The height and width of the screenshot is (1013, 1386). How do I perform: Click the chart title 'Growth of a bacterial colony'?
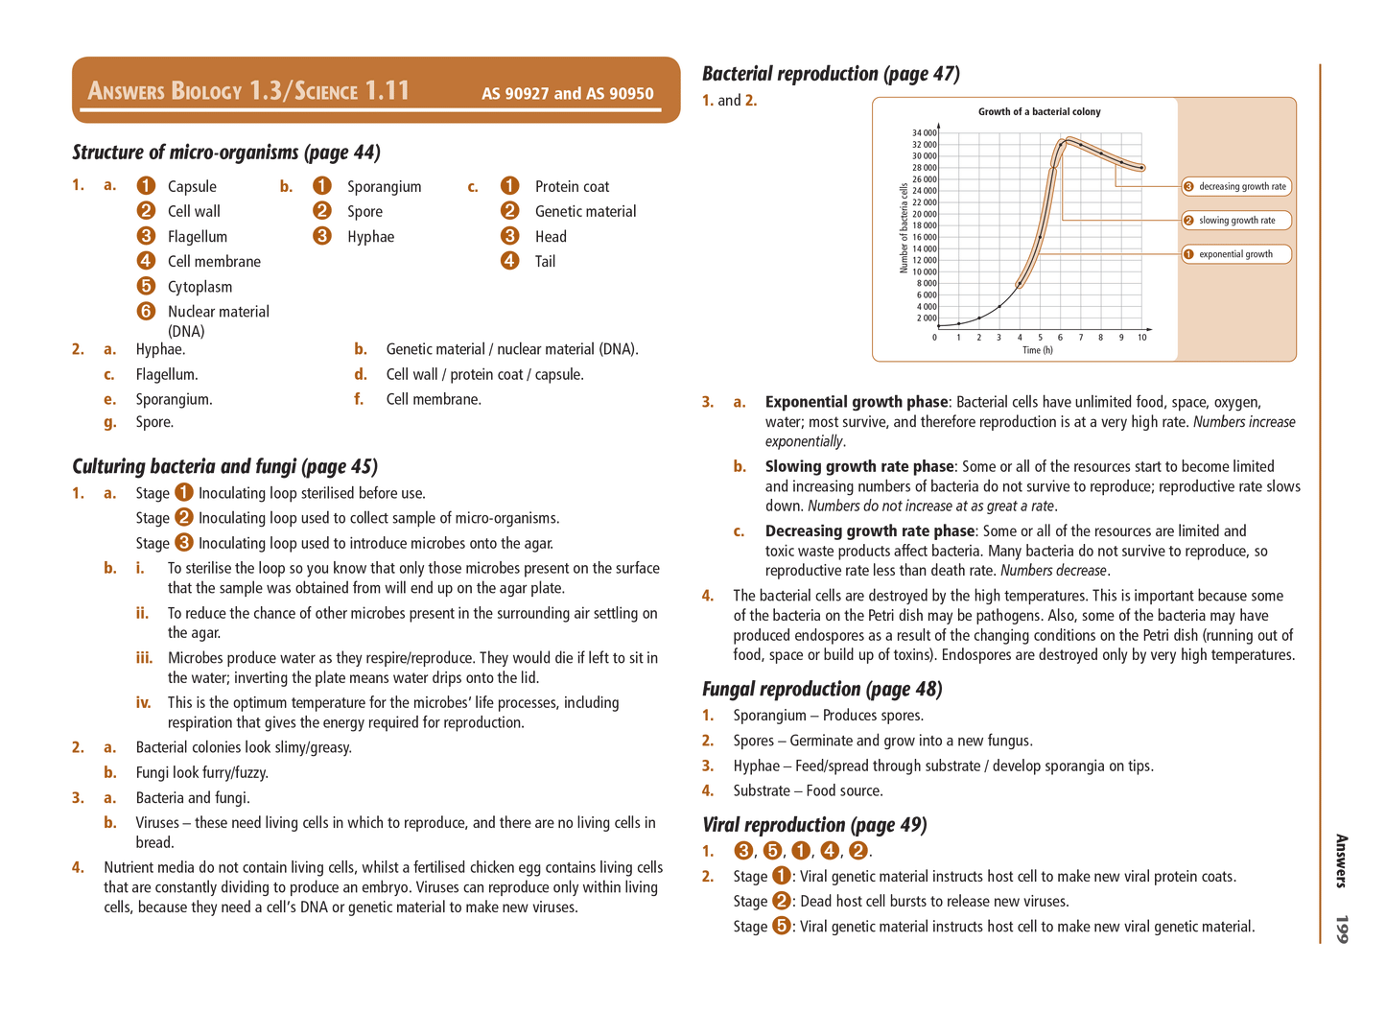(1039, 112)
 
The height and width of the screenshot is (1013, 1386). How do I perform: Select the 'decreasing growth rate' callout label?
(1241, 187)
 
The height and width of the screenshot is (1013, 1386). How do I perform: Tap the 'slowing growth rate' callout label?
(1236, 221)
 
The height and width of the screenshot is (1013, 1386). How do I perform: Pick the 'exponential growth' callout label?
(1235, 254)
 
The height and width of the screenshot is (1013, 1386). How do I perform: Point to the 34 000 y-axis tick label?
(924, 133)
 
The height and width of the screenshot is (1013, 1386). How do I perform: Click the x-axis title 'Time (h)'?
(1037, 350)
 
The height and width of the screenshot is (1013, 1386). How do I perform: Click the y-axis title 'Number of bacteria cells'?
(904, 228)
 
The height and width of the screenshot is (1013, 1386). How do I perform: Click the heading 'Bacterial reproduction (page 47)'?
(831, 74)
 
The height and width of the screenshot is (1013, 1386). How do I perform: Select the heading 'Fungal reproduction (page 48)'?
(822, 689)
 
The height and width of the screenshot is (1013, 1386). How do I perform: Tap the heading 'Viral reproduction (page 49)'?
(814, 825)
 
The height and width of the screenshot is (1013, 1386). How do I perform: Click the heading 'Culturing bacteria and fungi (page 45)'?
(224, 466)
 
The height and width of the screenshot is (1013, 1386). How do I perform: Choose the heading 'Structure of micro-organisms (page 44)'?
(226, 153)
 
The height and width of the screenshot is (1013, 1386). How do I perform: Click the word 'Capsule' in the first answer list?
(192, 187)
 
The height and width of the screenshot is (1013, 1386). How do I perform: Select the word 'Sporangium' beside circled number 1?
(384, 187)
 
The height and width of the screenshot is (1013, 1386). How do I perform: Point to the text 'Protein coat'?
(572, 187)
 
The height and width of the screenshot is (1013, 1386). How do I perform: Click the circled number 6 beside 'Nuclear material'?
(146, 311)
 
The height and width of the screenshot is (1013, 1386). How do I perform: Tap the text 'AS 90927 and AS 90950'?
(567, 94)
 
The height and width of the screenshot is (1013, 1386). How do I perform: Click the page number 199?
(1341, 929)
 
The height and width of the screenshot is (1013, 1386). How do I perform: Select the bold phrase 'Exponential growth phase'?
(856, 402)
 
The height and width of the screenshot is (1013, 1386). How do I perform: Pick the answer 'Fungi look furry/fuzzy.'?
(202, 773)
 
